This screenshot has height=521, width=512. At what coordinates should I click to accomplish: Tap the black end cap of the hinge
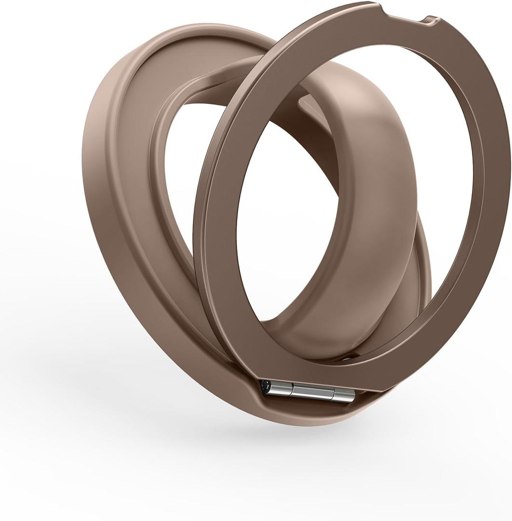pos(265,386)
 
